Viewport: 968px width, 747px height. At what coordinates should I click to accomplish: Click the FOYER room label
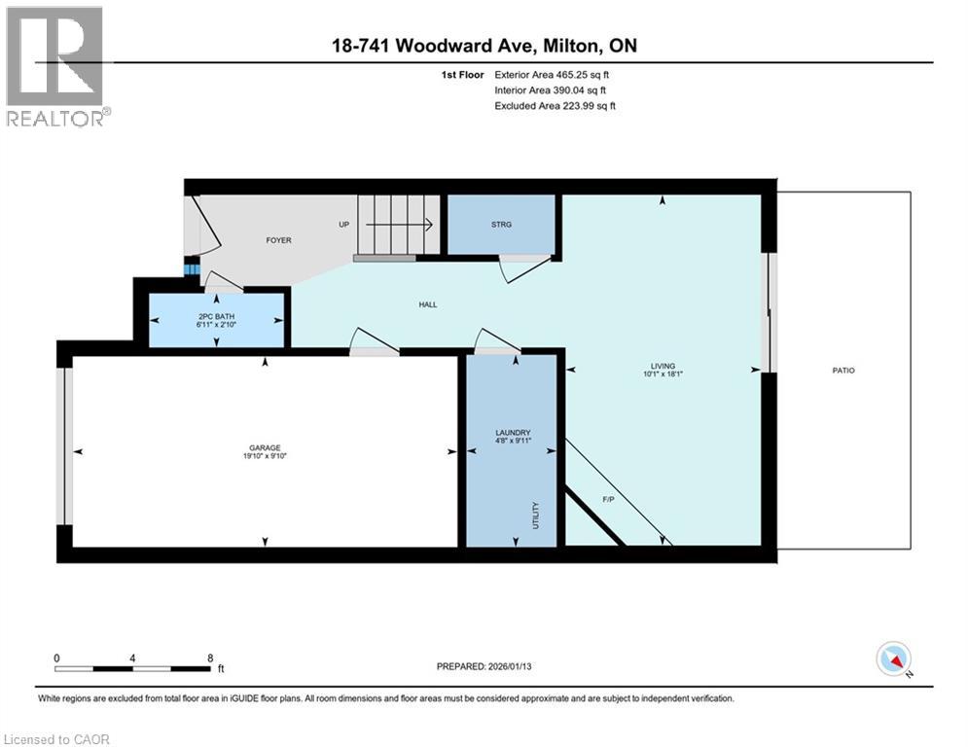click(x=279, y=240)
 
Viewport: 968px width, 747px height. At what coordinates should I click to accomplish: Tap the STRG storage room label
click(x=501, y=225)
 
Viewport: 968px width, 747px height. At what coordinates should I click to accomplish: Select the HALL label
click(x=427, y=304)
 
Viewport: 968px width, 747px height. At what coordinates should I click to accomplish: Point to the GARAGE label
click(x=265, y=447)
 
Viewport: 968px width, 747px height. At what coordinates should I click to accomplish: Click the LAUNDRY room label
click(x=512, y=433)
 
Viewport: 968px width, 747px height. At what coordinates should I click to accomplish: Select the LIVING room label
click(x=663, y=366)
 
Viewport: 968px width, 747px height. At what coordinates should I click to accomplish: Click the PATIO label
click(x=843, y=371)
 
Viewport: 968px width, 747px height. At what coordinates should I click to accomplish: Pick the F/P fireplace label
click(x=609, y=499)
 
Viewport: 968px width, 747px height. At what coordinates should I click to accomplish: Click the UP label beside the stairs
click(x=343, y=225)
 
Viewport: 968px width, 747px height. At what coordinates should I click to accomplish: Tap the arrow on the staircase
click(x=399, y=225)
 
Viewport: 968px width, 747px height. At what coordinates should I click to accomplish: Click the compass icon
click(x=892, y=658)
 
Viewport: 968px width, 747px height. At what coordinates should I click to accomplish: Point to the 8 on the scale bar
click(x=210, y=658)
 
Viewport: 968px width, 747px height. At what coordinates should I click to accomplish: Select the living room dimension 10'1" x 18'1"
click(x=663, y=374)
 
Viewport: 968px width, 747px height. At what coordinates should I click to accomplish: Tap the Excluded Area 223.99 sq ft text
click(x=556, y=106)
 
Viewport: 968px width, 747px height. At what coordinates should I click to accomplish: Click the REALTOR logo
click(x=56, y=66)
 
